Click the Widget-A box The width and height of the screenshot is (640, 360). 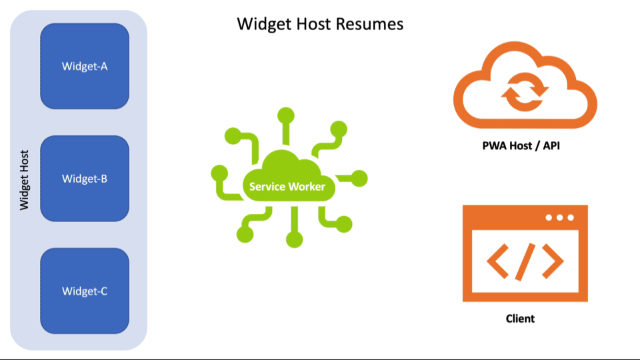click(85, 66)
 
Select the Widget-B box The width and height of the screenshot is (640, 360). click(85, 178)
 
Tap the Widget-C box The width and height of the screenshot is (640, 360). click(85, 291)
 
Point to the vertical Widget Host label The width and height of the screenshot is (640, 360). click(25, 179)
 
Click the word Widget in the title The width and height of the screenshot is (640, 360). click(261, 25)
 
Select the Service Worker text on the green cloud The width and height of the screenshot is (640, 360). click(287, 187)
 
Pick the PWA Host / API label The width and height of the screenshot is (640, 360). click(521, 145)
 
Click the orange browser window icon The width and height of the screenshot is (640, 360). click(525, 253)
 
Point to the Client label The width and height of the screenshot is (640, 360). click(520, 318)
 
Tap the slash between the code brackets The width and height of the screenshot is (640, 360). click(525, 261)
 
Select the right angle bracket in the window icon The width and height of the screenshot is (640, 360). click(553, 261)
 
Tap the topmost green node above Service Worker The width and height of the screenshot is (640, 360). click(287, 114)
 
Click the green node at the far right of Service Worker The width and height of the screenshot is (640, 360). click(359, 178)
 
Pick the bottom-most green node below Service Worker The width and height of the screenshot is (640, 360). click(293, 239)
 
